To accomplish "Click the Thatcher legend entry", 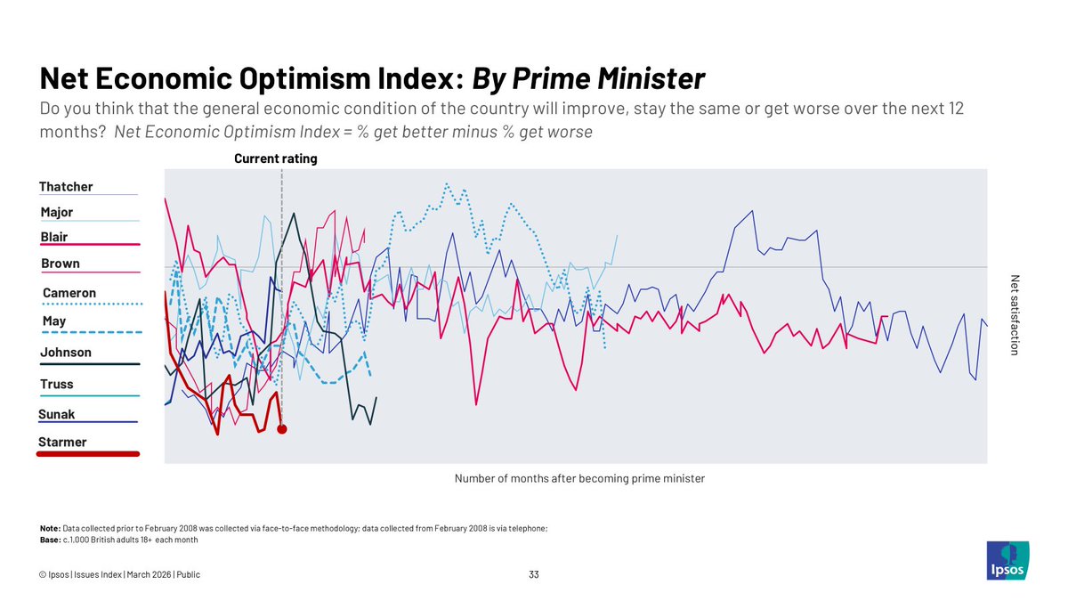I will pyautogui.click(x=66, y=187).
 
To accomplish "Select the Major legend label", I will pyautogui.click(x=57, y=213).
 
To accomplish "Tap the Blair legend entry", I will pyautogui.click(x=54, y=238).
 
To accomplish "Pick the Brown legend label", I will pyautogui.click(x=61, y=264).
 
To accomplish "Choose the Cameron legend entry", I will pyautogui.click(x=69, y=294).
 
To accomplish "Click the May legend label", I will pyautogui.click(x=54, y=321).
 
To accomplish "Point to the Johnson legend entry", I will pyautogui.click(x=66, y=353).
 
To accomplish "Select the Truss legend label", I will pyautogui.click(x=57, y=385).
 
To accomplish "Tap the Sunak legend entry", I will pyautogui.click(x=57, y=415).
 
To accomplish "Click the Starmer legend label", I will pyautogui.click(x=62, y=443).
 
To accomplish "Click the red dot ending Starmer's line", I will pyautogui.click(x=282, y=429).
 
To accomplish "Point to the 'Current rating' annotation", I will pyautogui.click(x=276, y=159).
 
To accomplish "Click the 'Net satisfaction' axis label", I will pyautogui.click(x=1013, y=315).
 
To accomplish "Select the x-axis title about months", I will pyautogui.click(x=579, y=479).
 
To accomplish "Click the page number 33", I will pyautogui.click(x=534, y=575).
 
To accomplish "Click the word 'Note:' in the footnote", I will pyautogui.click(x=51, y=529).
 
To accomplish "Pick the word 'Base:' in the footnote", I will pyautogui.click(x=51, y=540).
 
